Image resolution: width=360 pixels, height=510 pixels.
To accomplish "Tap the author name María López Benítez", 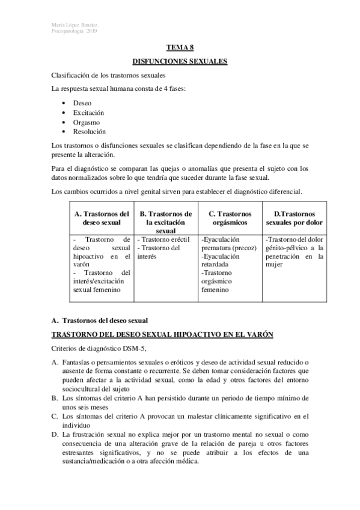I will click(x=74, y=25).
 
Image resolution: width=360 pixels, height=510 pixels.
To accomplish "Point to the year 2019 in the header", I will click(x=91, y=31).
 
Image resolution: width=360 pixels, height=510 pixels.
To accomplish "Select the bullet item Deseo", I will click(x=82, y=103).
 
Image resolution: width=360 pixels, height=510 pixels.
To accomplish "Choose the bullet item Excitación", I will click(x=88, y=112).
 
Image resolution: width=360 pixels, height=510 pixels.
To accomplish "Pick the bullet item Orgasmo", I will click(x=87, y=122).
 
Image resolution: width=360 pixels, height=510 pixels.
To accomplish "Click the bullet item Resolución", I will click(x=89, y=131).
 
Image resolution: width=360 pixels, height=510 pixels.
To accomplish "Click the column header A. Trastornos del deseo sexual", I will click(x=101, y=218).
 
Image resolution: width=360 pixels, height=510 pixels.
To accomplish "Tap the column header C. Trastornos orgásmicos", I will click(x=230, y=218).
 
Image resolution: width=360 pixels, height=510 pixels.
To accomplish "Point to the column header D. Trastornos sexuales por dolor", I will click(x=294, y=218).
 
